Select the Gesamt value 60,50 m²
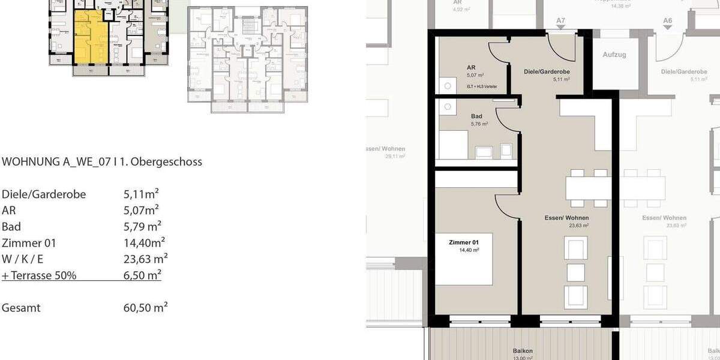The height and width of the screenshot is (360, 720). pos(145,308)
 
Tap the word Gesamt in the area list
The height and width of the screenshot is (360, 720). pos(21,308)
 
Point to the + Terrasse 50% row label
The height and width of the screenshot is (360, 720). pos(39,275)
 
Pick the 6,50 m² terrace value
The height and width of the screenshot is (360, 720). pos(142,275)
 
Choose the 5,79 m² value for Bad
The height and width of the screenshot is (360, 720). pos(142,227)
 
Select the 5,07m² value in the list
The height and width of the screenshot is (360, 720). pos(140,211)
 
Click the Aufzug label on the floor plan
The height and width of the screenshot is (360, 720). pos(614,55)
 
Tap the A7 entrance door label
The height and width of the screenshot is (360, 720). pos(560,21)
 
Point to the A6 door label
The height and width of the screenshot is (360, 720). pos(668,21)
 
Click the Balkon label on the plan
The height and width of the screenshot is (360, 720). pos(523,351)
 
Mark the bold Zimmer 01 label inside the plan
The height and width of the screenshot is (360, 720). pos(463,242)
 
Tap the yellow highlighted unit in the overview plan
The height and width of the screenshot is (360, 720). pos(90,36)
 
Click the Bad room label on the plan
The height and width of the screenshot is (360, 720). pos(476,117)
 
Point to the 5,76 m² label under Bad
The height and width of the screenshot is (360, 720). pos(479,124)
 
